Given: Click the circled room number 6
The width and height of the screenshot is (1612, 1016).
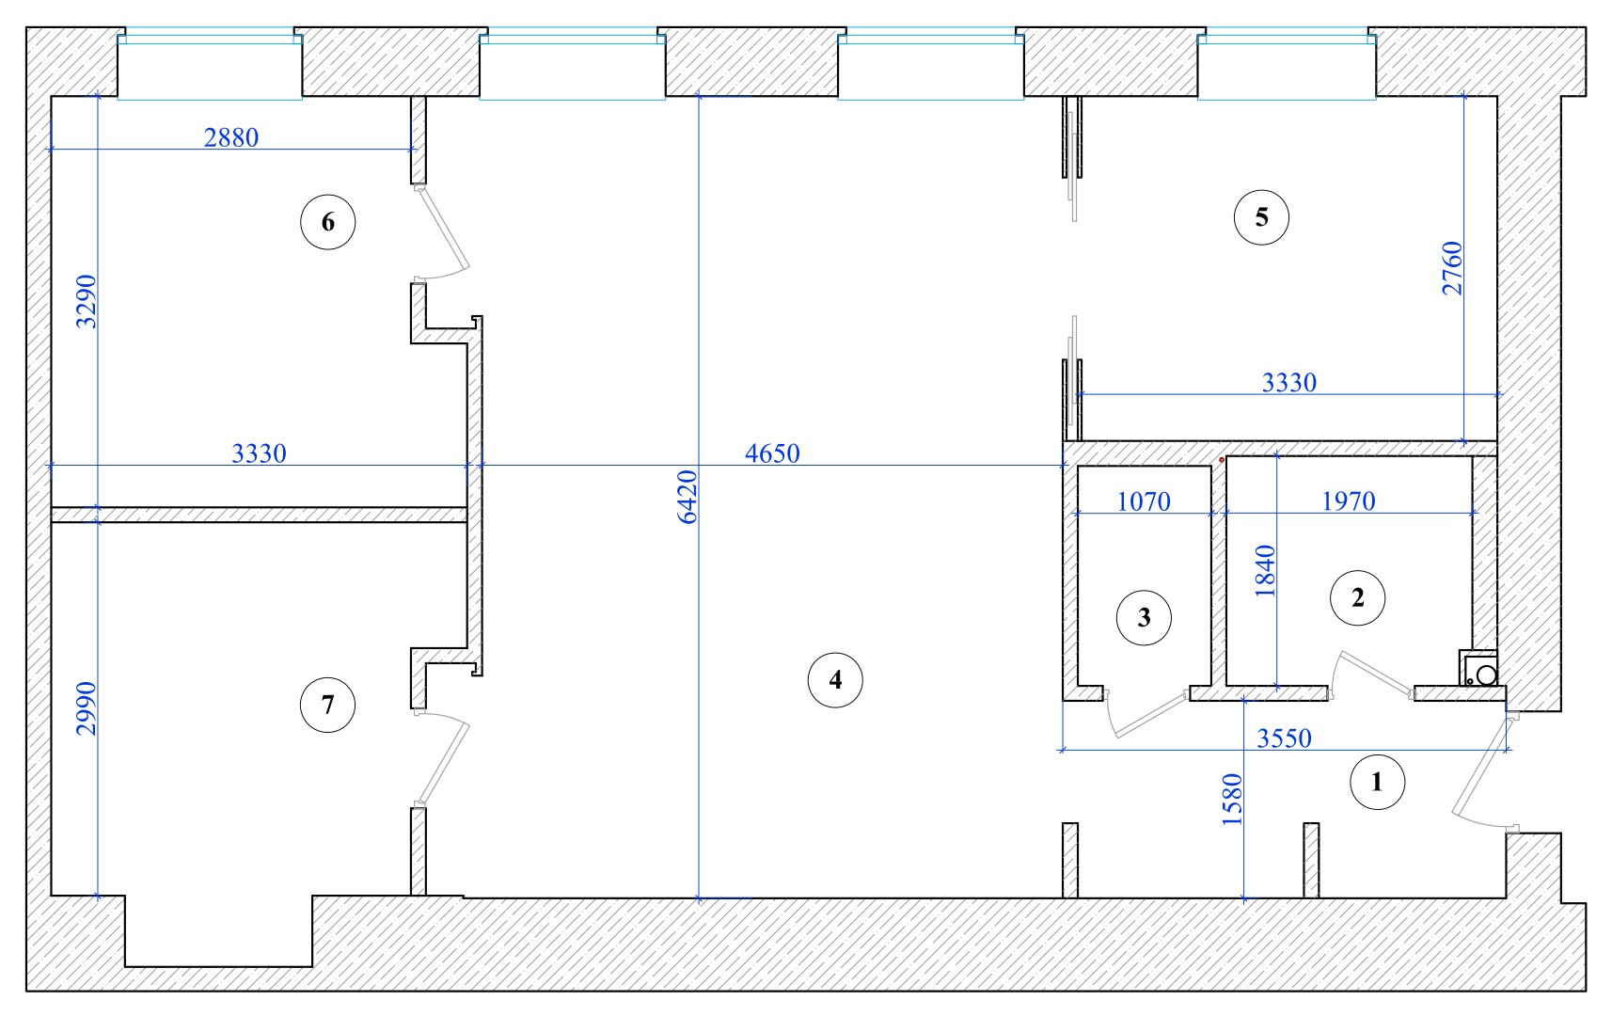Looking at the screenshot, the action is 327,222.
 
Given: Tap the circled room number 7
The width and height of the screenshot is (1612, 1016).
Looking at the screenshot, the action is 327,705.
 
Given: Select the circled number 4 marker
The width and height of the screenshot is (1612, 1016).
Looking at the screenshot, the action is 835,680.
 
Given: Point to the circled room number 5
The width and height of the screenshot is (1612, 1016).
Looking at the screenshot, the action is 1261,217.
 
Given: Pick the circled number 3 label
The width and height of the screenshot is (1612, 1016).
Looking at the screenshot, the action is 1144,618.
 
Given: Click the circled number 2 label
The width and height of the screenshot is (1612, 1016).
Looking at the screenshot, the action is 1357,597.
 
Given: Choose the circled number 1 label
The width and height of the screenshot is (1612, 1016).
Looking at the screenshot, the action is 1377,782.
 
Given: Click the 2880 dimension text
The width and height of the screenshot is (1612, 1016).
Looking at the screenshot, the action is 231,137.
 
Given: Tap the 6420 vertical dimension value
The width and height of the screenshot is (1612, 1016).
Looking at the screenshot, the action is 687,497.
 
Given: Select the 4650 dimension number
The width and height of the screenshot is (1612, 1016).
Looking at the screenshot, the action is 772,453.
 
